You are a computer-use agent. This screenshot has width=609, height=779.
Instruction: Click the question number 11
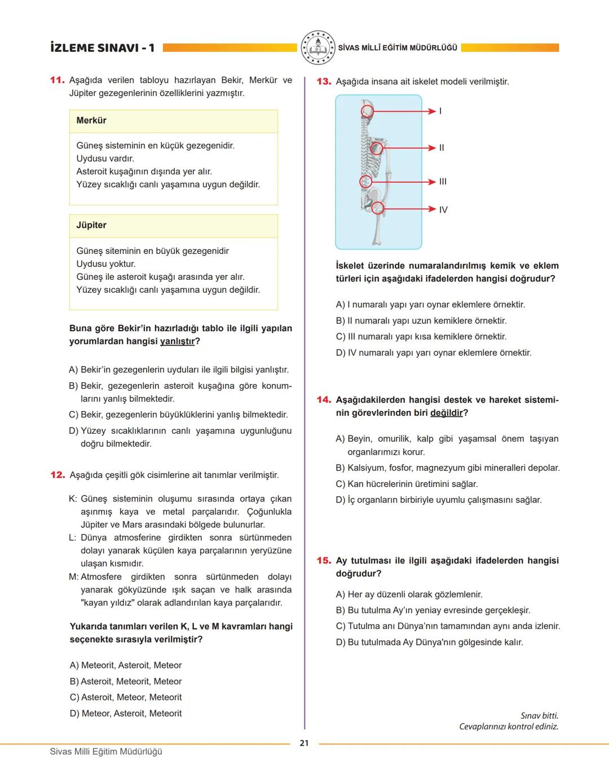click(57, 80)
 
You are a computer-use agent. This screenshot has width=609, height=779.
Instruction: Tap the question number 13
click(324, 82)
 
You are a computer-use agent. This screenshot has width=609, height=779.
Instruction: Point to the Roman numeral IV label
click(443, 210)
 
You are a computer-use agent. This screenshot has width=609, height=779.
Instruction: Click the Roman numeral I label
click(440, 111)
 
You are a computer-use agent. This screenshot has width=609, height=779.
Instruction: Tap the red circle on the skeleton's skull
click(367, 111)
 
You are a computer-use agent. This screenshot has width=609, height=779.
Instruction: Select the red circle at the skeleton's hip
click(378, 209)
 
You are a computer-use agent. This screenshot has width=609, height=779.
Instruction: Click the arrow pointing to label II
click(409, 148)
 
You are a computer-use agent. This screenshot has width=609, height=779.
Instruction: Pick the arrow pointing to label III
click(403, 182)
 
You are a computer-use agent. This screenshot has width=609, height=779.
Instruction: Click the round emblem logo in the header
click(317, 48)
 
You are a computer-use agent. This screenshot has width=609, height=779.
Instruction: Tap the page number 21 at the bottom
click(304, 743)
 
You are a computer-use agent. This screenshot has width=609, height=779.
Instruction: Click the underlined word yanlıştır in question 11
click(177, 341)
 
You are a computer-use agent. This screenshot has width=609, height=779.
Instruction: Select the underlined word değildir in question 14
click(446, 413)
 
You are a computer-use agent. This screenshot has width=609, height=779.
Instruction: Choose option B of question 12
click(126, 681)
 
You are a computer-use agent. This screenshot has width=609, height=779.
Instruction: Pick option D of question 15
click(429, 642)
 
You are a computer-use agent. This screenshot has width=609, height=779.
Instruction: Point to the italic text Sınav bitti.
click(539, 716)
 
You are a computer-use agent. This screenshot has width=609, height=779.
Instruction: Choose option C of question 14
click(407, 484)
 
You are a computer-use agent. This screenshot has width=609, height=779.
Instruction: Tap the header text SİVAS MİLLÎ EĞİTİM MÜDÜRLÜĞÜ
click(398, 48)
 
